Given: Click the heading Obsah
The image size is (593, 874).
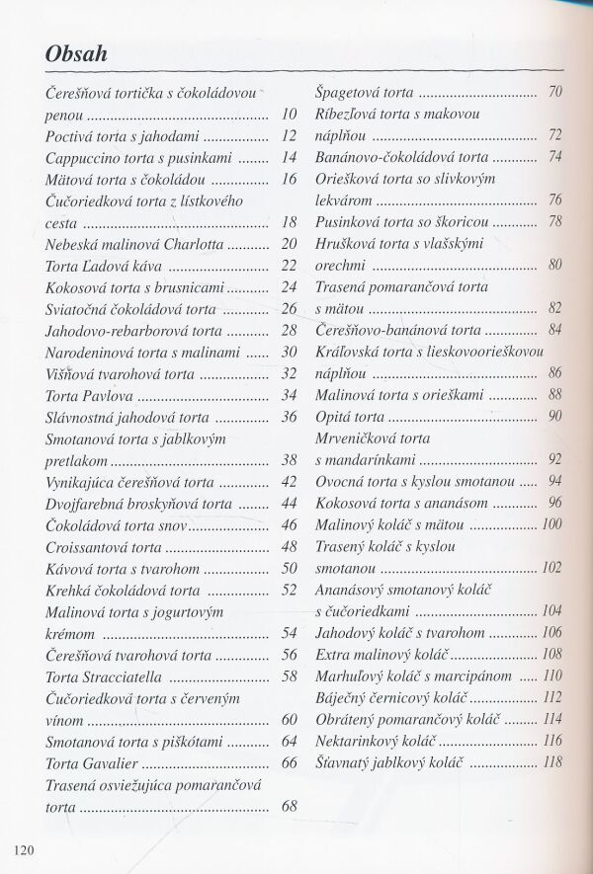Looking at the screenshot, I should click(x=76, y=54).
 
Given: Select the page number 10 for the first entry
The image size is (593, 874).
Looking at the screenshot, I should click(x=289, y=115).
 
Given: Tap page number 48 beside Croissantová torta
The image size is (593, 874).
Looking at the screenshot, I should click(x=289, y=546).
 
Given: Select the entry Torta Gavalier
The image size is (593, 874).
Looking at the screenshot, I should click(x=92, y=762).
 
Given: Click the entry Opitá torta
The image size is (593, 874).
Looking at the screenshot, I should click(x=349, y=416).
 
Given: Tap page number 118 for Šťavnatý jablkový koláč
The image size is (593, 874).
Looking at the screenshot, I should click(x=551, y=761).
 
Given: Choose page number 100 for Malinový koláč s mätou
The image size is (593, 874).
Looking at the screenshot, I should click(x=551, y=524).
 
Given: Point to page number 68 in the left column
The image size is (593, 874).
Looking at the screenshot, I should click(x=289, y=806).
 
